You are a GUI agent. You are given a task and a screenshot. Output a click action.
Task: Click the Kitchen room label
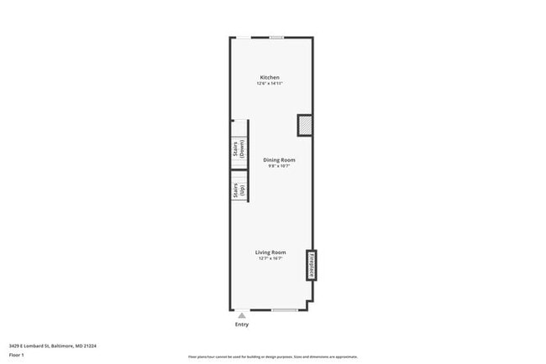270,78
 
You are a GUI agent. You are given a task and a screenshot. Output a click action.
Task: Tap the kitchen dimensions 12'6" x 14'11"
270,84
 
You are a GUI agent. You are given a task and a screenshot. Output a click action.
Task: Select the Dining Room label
279,159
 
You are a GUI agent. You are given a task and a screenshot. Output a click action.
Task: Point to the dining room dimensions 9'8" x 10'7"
279,165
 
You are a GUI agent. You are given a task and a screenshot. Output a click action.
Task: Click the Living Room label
270,252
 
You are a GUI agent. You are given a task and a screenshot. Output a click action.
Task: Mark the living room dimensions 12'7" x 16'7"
270,258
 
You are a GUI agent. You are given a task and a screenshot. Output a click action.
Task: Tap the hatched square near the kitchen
305,125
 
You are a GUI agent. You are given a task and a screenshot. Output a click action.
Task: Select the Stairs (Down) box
239,149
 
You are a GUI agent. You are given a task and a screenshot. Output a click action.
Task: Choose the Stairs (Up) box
239,191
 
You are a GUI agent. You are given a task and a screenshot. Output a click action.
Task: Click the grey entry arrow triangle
242,315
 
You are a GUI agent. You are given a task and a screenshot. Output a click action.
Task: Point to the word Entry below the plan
242,325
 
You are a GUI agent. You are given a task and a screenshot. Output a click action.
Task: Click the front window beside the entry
284,310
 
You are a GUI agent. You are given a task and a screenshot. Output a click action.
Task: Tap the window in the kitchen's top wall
276,37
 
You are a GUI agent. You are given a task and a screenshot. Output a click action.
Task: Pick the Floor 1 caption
17,356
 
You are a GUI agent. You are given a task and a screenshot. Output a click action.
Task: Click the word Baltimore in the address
64,345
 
